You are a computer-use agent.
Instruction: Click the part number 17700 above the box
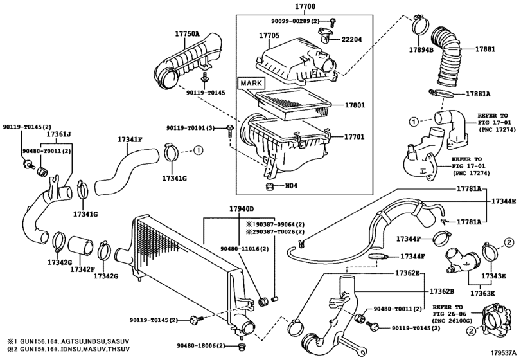[305, 6]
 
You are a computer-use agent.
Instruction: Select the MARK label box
[251, 83]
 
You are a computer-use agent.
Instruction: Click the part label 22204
[352, 40]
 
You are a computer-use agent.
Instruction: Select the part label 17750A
[188, 33]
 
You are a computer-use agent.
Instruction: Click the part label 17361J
[59, 134]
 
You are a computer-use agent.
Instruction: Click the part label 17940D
[242, 209]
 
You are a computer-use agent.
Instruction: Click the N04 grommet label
[292, 186]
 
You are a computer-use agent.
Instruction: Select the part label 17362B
[442, 291]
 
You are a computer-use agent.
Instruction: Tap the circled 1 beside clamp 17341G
[198, 151]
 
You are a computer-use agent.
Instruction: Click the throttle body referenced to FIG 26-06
[495, 318]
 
